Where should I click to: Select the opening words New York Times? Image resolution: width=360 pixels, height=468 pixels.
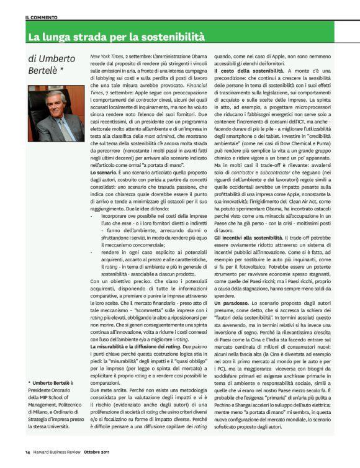click(106, 56)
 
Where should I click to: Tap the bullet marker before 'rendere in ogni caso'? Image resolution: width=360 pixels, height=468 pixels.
click(92, 254)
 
